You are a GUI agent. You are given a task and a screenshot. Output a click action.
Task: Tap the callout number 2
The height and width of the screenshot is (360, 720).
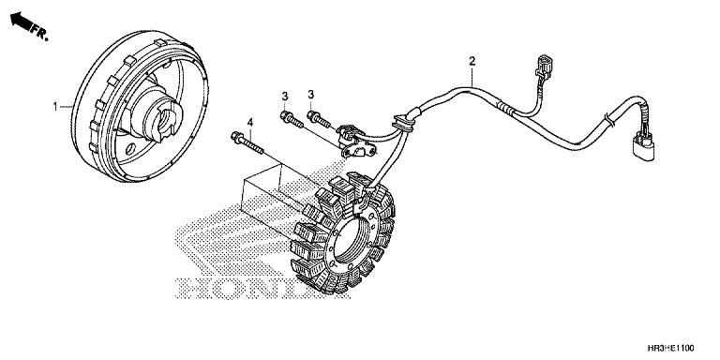point(472,62)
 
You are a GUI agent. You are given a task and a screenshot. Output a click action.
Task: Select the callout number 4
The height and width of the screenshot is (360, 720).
point(250,123)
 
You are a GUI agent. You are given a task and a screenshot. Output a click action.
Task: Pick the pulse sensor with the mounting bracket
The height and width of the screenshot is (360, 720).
point(352,139)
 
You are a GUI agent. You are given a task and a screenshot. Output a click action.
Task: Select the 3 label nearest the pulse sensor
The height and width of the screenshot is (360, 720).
point(310,96)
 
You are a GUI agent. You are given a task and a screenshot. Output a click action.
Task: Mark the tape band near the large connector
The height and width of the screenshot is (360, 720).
point(607,118)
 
